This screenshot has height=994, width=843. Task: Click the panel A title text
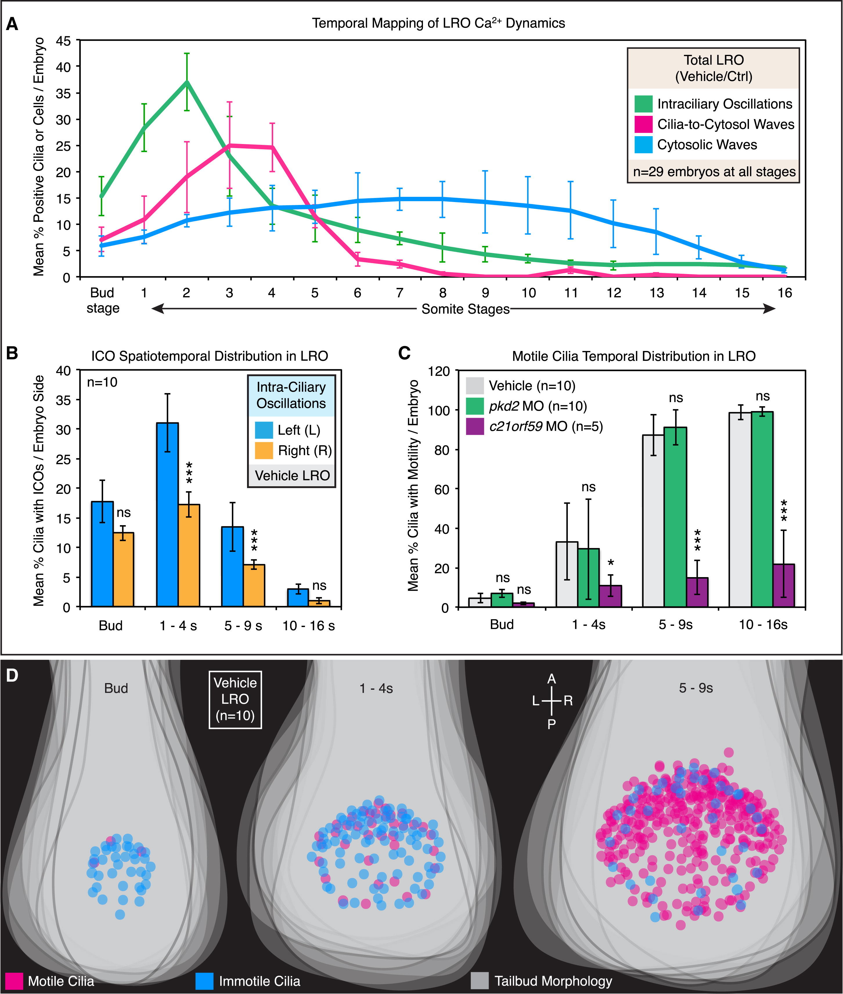coord(438,24)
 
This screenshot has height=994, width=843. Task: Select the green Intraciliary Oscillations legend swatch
coord(643,104)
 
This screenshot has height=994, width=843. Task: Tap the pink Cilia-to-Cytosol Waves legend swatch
coord(643,124)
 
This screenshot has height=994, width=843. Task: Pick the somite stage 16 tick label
coord(785,293)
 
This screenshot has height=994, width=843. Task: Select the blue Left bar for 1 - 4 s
coord(167,515)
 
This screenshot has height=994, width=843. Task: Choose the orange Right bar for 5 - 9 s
coord(254,586)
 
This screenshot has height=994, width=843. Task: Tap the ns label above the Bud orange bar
coord(124,513)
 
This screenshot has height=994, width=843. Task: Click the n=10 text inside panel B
coord(102,382)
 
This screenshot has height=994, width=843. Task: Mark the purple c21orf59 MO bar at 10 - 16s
coord(783,586)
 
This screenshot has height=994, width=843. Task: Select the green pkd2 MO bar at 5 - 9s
coord(675,517)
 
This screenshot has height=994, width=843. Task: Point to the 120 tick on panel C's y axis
coord(440,371)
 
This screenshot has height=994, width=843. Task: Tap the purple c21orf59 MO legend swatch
coord(475,426)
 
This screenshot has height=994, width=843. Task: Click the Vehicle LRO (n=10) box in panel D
coord(235,699)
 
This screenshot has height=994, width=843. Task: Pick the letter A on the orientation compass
coord(552,679)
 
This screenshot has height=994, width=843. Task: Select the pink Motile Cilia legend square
coord(14,981)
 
